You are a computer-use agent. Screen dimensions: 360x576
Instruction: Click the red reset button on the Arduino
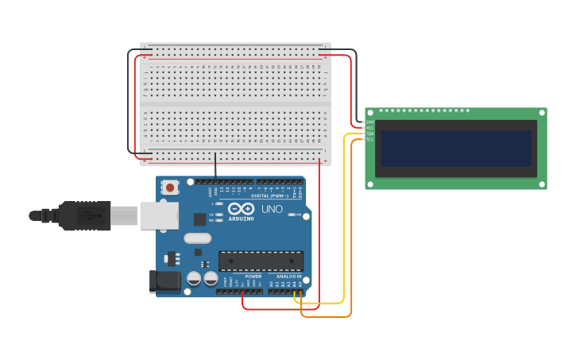[x=169, y=188]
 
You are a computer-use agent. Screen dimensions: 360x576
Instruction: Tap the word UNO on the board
[x=273, y=210]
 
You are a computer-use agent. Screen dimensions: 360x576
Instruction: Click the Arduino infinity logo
[x=241, y=210]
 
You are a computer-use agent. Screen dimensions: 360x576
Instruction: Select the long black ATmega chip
[x=261, y=261]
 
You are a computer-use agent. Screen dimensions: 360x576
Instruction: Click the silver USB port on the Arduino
[x=159, y=215]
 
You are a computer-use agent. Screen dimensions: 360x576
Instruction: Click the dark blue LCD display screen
[x=455, y=149]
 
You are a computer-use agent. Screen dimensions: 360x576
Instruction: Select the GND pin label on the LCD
[x=370, y=122]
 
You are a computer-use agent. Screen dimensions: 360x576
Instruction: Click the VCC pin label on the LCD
[x=370, y=128]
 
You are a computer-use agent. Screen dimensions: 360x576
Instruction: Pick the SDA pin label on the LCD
[x=370, y=134]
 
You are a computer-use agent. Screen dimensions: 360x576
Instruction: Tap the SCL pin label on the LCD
[x=370, y=139]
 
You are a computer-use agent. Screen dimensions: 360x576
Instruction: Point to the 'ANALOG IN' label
[x=288, y=277]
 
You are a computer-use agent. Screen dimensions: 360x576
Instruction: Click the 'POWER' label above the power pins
[x=242, y=277]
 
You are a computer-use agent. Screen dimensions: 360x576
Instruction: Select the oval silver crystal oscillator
[x=198, y=238]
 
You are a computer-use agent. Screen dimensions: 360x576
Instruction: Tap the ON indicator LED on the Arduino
[x=305, y=215]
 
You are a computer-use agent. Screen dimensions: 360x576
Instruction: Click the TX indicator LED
[x=218, y=215]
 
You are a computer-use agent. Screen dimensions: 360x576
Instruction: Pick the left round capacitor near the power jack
[x=194, y=278]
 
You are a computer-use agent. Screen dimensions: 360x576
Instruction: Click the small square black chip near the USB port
[x=200, y=219]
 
